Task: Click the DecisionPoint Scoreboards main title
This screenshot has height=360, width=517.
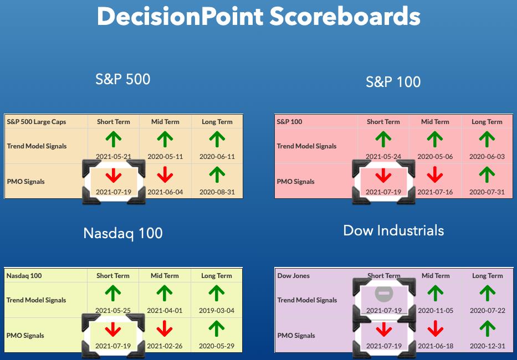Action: click(258, 17)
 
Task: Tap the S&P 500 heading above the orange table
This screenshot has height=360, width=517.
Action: click(122, 79)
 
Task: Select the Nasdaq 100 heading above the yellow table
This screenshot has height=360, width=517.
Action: click(122, 234)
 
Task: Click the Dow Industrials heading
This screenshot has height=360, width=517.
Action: click(393, 230)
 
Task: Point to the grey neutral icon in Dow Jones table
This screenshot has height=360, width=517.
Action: click(384, 294)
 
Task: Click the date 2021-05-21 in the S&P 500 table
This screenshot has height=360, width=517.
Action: click(114, 157)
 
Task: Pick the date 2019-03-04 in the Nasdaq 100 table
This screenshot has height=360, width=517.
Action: click(217, 311)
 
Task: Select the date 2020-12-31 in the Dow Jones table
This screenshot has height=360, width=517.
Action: click(487, 346)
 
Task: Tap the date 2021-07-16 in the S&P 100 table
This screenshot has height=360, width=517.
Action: click(435, 192)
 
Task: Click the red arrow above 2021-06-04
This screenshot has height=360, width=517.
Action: click(165, 174)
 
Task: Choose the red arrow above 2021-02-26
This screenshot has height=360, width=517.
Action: click(165, 328)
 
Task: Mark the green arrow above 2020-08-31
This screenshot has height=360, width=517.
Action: click(217, 174)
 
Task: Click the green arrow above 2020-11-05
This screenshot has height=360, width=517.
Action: click(436, 294)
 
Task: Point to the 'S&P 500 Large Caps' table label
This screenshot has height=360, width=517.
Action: click(36, 122)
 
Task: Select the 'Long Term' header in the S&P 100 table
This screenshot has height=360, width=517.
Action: click(487, 122)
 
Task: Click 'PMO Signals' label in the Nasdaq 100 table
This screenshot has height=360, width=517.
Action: click(25, 336)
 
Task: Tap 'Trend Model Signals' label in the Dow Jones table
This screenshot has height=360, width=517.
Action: click(307, 300)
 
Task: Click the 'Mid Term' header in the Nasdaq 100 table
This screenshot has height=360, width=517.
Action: click(165, 276)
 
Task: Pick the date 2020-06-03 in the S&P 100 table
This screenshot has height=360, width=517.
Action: click(487, 157)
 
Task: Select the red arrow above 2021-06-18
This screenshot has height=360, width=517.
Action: click(436, 328)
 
